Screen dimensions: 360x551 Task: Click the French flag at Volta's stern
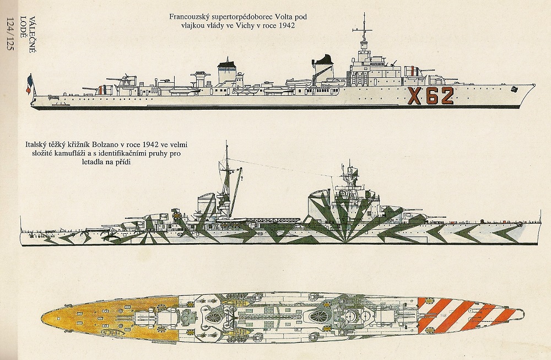coord(29,84)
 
